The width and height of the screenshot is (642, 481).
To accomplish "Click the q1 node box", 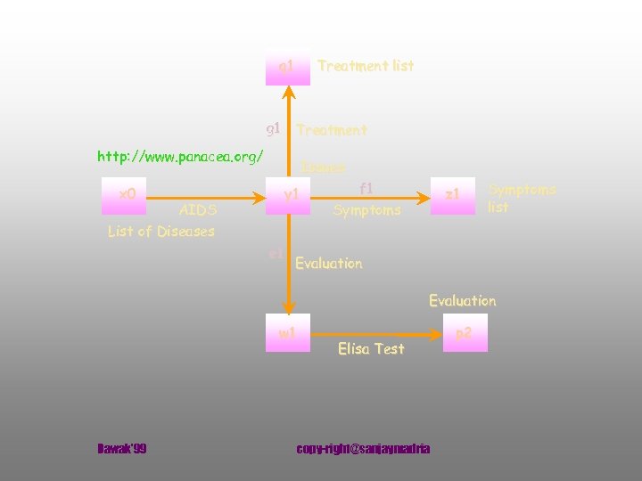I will click(287, 66).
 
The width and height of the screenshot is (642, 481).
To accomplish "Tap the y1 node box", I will click(290, 194).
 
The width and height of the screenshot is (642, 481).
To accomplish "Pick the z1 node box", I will click(453, 194).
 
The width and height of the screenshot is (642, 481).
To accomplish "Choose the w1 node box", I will click(287, 335).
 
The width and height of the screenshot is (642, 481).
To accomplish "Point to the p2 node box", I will click(465, 335).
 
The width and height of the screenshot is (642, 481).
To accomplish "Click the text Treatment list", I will click(366, 66).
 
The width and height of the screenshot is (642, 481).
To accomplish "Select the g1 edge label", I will click(274, 128).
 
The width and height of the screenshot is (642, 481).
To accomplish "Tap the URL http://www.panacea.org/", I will click(180, 157).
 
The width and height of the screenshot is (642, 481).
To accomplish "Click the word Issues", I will click(324, 167).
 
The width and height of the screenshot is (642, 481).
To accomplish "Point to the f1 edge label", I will click(366, 189).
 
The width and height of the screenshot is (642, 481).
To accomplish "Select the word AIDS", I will click(198, 211).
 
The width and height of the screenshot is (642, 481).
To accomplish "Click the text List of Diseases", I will click(161, 232).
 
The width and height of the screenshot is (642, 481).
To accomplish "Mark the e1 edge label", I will click(276, 255).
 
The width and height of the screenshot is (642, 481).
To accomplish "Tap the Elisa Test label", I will click(371, 349).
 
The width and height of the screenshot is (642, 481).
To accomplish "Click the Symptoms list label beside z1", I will click(522, 199).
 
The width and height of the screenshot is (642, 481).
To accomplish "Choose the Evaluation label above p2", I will click(462, 301).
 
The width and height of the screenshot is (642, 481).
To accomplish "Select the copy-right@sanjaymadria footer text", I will click(363, 448).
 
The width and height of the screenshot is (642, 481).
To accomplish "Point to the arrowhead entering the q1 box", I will click(287, 92).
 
